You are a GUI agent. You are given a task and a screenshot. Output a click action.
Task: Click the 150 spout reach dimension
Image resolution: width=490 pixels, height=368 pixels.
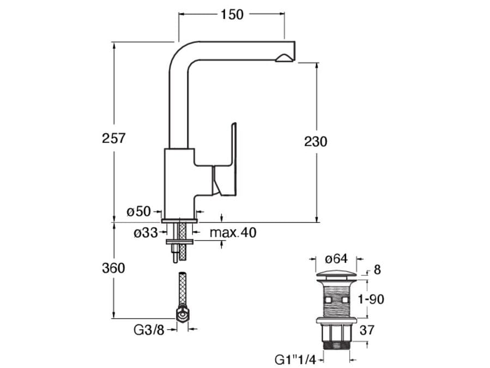232,15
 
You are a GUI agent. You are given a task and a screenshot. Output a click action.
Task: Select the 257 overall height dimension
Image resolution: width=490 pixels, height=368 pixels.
114,138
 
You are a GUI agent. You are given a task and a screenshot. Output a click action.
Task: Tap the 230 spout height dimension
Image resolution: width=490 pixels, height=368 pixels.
316,142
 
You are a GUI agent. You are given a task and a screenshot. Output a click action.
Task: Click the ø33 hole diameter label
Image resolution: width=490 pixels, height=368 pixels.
146,233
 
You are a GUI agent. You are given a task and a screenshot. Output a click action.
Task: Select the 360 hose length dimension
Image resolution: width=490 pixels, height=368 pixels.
114,268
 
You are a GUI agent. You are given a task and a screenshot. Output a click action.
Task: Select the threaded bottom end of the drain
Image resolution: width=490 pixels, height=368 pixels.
336,343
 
